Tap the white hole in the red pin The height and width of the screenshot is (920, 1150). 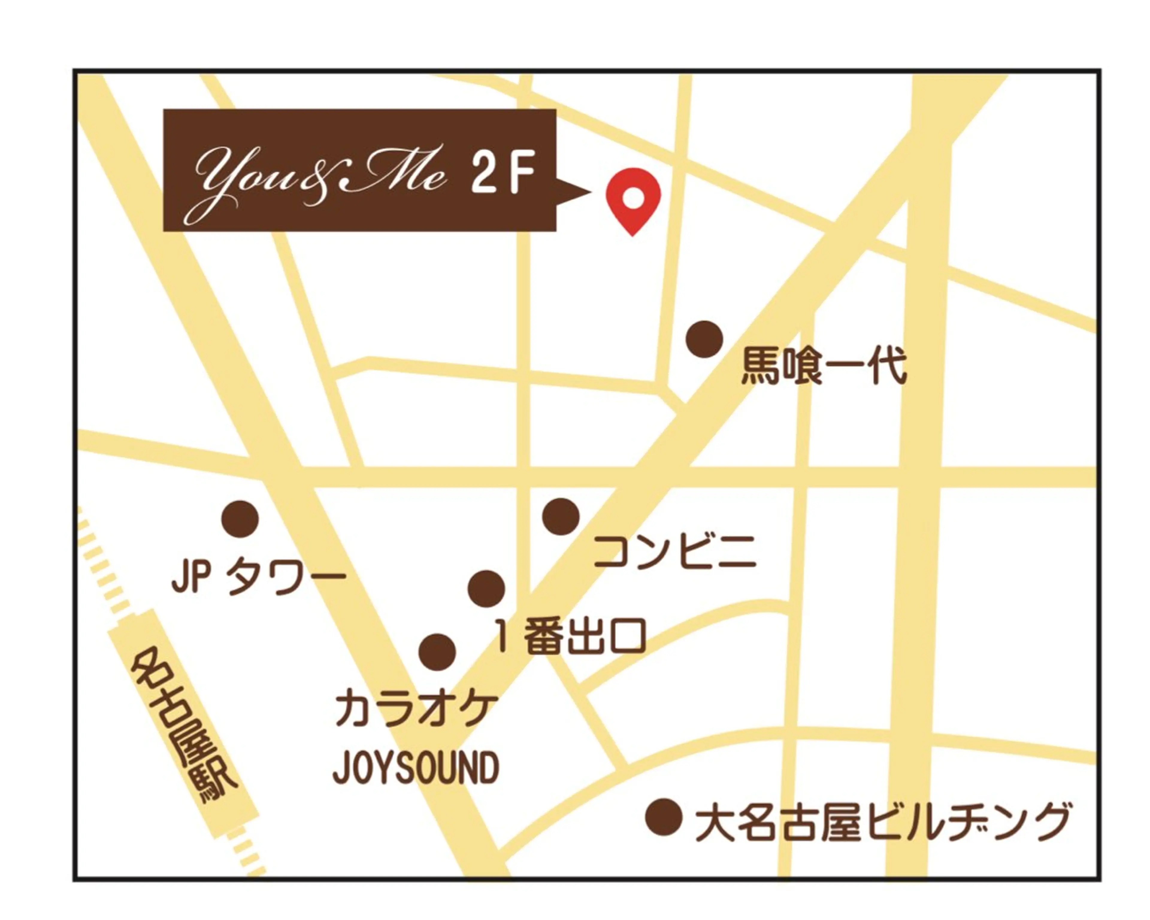[633, 198]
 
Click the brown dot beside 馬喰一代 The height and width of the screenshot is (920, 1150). [704, 339]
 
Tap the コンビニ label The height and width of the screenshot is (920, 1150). [675, 551]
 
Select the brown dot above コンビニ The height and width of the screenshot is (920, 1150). [561, 516]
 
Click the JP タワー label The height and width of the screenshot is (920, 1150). [259, 579]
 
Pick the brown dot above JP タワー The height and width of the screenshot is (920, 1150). [240, 519]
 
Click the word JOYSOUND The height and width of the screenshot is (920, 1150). [416, 768]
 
